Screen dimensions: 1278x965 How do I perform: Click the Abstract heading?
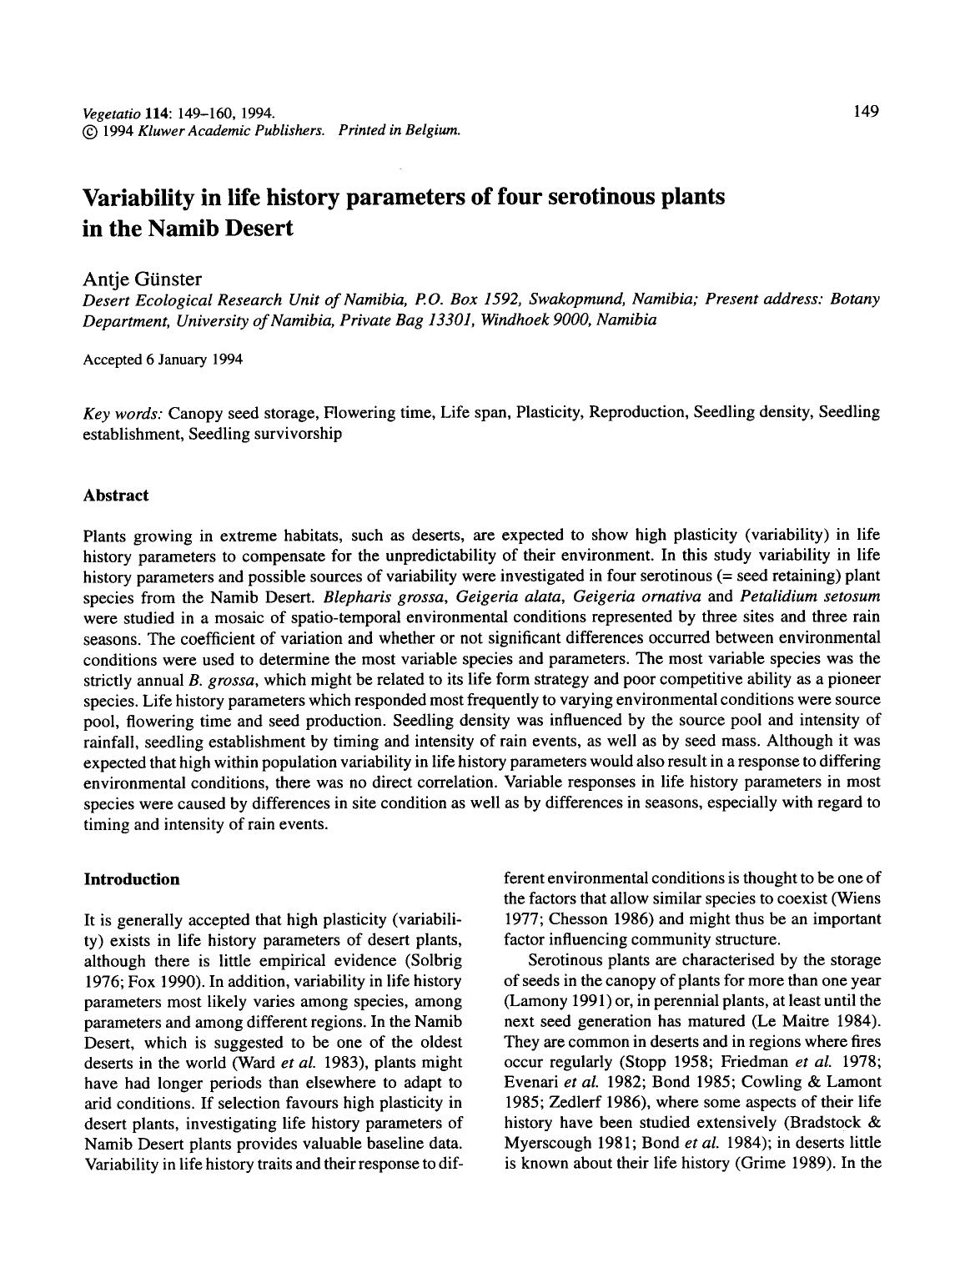(x=116, y=495)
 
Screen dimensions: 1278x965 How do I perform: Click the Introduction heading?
(x=132, y=878)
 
